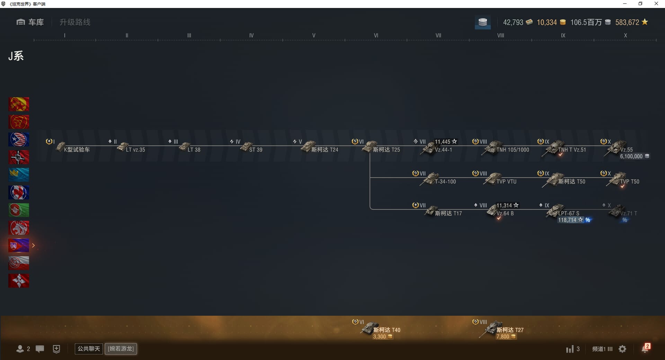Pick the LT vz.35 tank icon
(123, 146)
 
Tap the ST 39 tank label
(256, 150)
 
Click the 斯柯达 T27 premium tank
(502, 329)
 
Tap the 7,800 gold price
(506, 336)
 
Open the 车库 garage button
(30, 22)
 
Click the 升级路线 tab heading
(75, 22)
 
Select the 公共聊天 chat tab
(89, 349)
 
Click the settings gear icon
(622, 349)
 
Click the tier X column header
(626, 35)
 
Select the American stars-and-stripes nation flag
(19, 139)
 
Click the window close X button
(656, 4)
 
